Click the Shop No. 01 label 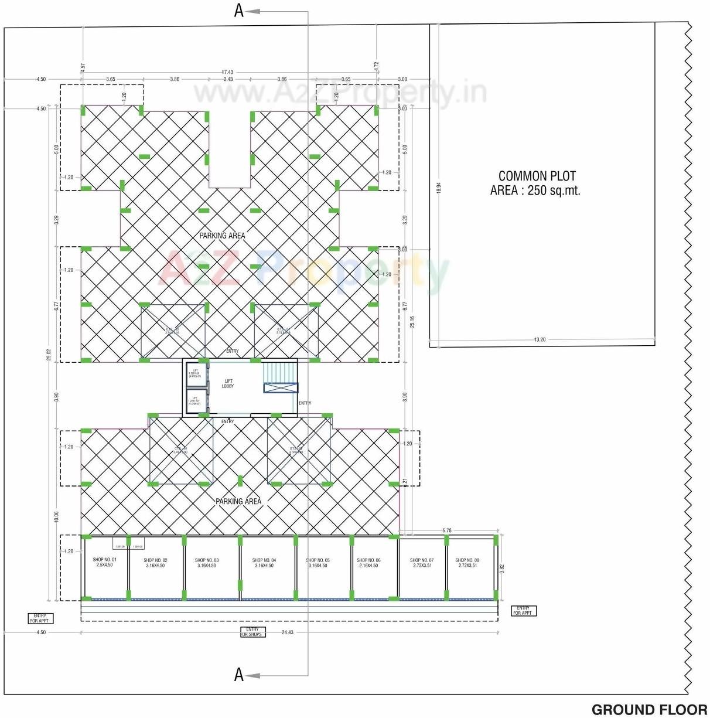(x=105, y=563)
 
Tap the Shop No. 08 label (x=467, y=563)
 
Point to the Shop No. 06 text (x=368, y=563)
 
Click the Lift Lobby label (x=228, y=384)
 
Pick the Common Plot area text (x=535, y=183)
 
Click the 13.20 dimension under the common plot (x=540, y=339)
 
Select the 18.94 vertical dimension (x=439, y=188)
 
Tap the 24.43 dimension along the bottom (x=288, y=632)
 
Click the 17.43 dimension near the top (x=227, y=72)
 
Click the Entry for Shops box (x=252, y=632)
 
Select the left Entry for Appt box (x=40, y=618)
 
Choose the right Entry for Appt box (x=523, y=611)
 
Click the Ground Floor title (x=649, y=710)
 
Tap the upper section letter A (x=238, y=11)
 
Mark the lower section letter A (x=238, y=675)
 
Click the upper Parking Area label (x=222, y=236)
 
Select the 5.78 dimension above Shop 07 (x=447, y=530)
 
